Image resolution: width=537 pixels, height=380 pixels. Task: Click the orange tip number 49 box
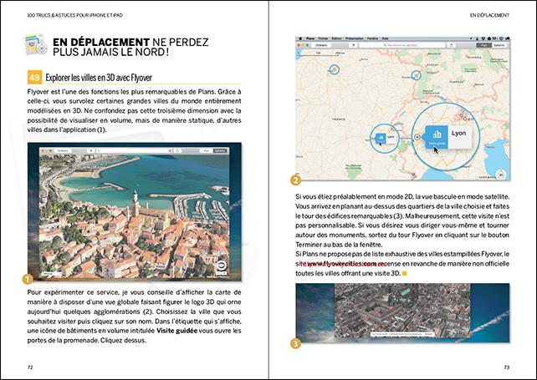35,77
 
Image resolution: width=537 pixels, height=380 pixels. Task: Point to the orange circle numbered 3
296,342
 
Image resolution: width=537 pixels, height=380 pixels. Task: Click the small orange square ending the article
404,273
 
